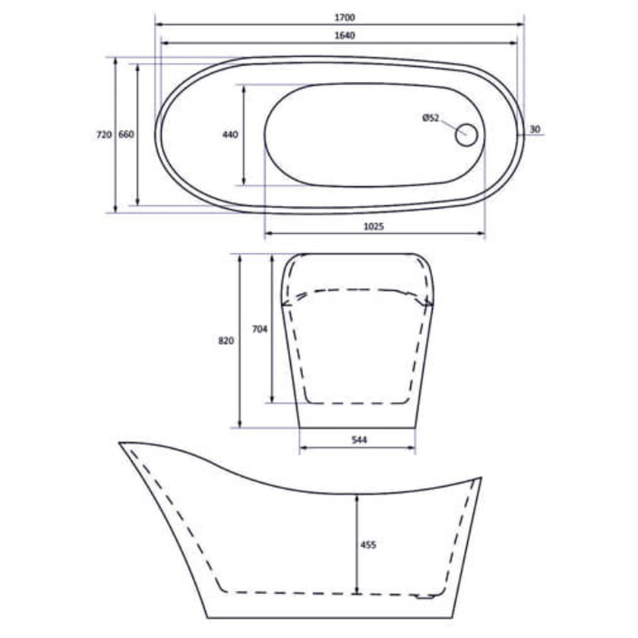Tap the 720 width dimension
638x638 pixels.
coord(104,134)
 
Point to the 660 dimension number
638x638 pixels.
coord(126,134)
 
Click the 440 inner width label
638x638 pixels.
coord(230,134)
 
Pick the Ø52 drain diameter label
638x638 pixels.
coord(431,117)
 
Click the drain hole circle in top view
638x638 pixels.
coord(466,135)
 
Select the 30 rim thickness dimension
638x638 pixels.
coord(535,130)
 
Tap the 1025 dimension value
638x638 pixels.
coord(374,226)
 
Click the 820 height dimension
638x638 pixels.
coord(226,341)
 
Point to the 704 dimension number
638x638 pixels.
coord(259,329)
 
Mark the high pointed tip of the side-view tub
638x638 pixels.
coord(121,442)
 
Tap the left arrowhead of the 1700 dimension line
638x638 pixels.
coord(157,24)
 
